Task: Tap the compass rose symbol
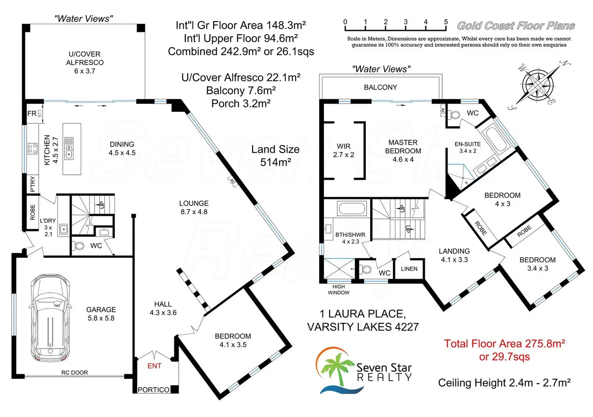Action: tap(539, 85)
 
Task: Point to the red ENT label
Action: tap(154, 365)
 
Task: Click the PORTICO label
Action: tap(153, 390)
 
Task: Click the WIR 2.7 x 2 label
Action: tap(344, 151)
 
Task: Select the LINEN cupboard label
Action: tap(409, 269)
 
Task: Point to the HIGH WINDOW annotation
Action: tap(338, 290)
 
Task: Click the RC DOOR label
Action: tap(75, 373)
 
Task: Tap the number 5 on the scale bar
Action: tap(446, 22)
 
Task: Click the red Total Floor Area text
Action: tap(504, 350)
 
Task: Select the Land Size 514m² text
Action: tap(276, 156)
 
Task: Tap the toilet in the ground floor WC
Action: tap(79, 246)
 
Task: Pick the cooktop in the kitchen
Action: tap(33, 149)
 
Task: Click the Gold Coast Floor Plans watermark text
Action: tap(516, 26)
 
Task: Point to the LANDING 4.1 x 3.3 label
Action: tap(454, 255)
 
